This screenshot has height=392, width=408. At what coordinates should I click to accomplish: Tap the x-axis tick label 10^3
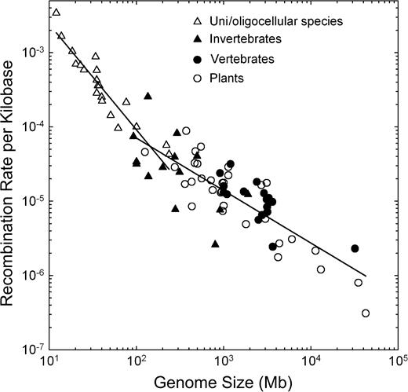pos(224,364)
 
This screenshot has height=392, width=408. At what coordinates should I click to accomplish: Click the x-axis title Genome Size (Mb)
pos(224,383)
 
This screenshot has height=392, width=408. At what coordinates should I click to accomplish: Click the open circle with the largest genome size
pos(366,313)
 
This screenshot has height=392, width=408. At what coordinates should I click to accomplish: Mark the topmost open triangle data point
pos(56,13)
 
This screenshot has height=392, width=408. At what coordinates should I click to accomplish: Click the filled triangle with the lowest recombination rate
pos(215,244)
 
